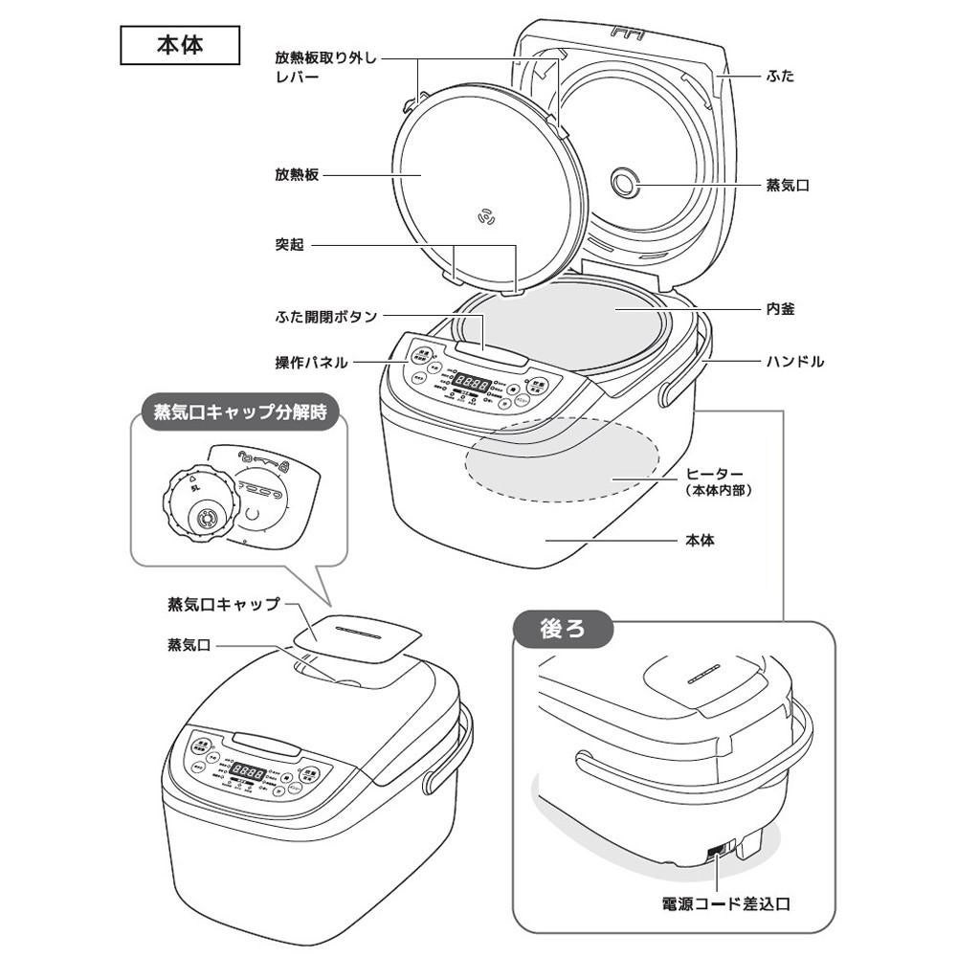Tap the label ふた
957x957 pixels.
click(780, 76)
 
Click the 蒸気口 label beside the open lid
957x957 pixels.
click(788, 185)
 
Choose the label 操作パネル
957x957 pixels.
click(311, 363)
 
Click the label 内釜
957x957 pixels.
click(780, 309)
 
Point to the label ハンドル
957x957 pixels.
click(794, 362)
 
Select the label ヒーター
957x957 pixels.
click(715, 474)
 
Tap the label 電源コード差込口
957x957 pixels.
click(727, 902)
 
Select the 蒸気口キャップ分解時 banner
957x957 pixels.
click(239, 414)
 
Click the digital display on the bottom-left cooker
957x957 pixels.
click(249, 772)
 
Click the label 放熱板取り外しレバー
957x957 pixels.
click(325, 66)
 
